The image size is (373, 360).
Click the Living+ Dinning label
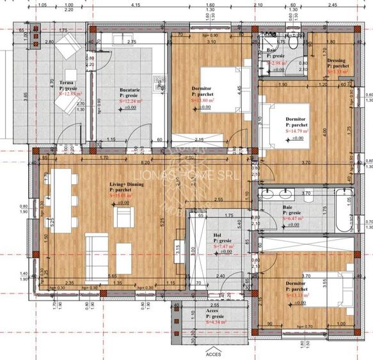click(127, 184)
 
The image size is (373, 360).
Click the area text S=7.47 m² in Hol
click(223, 246)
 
